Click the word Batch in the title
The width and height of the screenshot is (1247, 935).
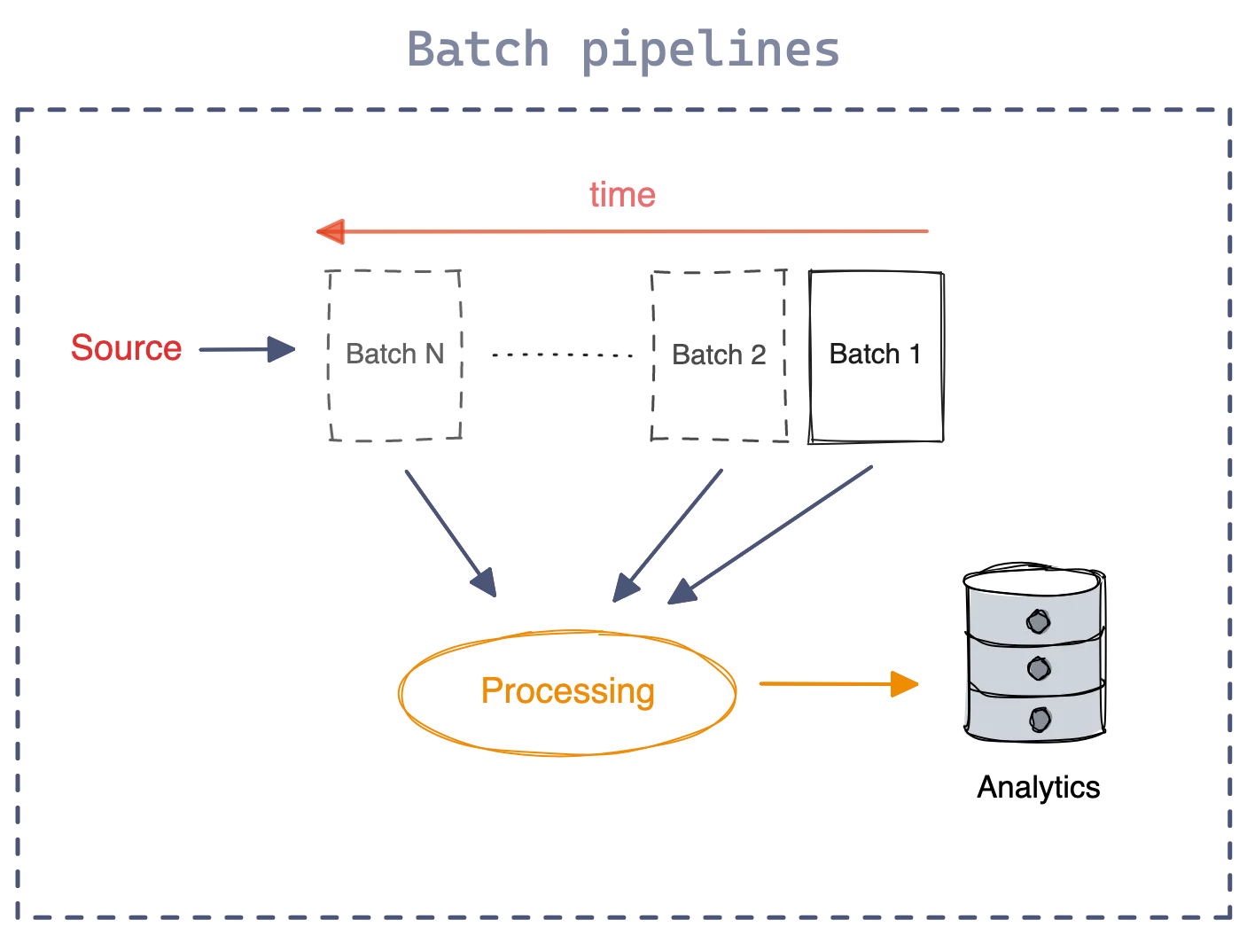478,51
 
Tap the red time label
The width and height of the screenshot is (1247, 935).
622,195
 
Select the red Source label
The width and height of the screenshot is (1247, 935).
127,348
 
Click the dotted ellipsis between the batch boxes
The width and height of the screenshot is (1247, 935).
562,355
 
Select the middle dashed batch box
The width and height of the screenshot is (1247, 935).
718,355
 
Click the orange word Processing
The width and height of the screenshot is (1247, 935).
568,691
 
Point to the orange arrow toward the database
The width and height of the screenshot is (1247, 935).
838,684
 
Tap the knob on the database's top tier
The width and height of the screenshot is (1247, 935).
1037,621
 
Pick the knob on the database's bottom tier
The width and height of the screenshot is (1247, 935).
1036,714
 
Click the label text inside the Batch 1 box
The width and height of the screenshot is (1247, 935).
877,356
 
